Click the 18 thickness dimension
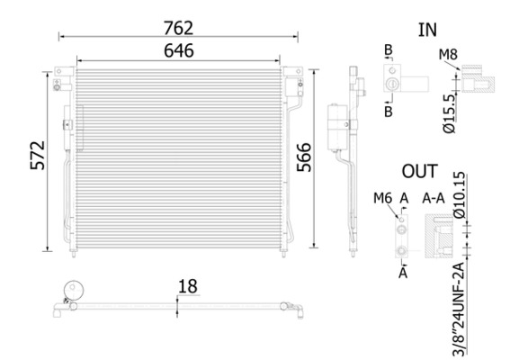tap(186, 286)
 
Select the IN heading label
tap(427, 29)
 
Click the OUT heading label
tap(419, 171)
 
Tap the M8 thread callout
tap(448, 57)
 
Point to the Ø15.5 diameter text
tap(451, 113)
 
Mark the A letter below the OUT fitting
tap(403, 269)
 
